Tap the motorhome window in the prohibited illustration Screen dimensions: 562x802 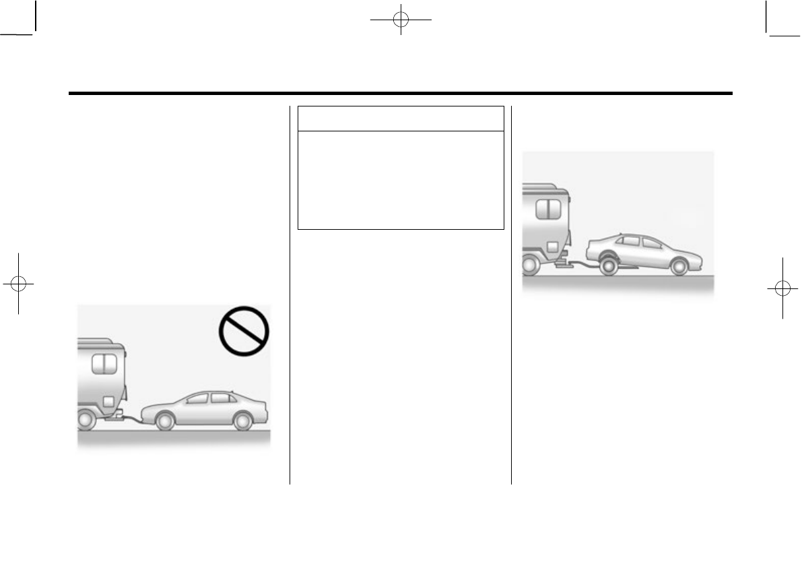pyautogui.click(x=104, y=365)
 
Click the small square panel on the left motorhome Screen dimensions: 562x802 pyautogui.click(x=107, y=402)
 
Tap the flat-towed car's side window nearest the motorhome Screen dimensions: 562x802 pyautogui.click(x=196, y=399)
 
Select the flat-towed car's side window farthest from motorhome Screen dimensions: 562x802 pyautogui.click(x=220, y=398)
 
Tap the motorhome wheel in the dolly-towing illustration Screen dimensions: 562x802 pyautogui.click(x=529, y=267)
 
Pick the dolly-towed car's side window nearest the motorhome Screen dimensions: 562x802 pyautogui.click(x=630, y=241)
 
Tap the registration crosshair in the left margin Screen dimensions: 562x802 pyautogui.click(x=19, y=284)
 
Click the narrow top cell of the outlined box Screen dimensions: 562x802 pyautogui.click(x=401, y=118)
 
